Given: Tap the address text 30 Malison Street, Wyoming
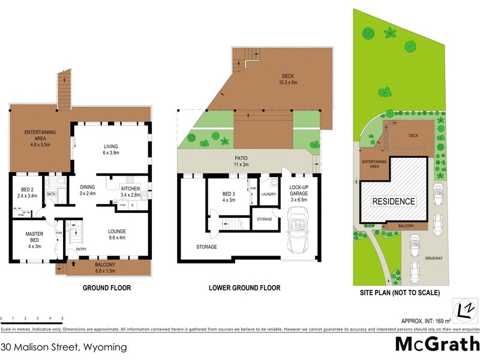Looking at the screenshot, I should pyautogui.click(x=64, y=347).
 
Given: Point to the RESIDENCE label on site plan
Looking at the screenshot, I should pyautogui.click(x=394, y=202).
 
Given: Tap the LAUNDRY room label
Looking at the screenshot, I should pyautogui.click(x=268, y=194).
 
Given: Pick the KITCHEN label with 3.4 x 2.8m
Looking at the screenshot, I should pyautogui.click(x=130, y=191).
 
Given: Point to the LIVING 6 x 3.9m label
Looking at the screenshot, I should pyautogui.click(x=111, y=149).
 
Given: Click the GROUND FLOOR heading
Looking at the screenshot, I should pyautogui.click(x=106, y=288).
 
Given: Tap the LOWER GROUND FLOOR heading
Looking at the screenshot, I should pyautogui.click(x=244, y=288).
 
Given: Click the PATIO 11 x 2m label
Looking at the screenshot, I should pyautogui.click(x=241, y=161).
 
